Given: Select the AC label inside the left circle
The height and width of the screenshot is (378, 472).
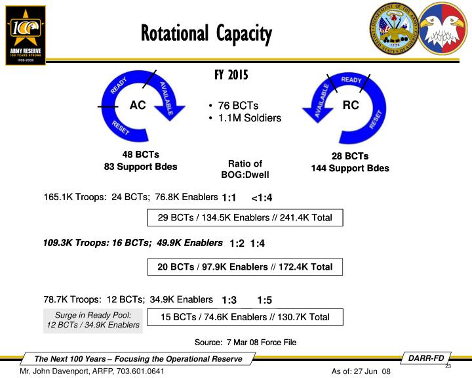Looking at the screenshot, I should tap(138, 105).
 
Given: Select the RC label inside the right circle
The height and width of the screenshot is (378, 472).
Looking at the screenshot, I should tap(351, 105).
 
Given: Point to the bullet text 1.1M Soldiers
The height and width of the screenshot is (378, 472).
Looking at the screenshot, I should tap(248, 118).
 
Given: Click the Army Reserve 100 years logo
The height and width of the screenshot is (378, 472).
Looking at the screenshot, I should tap(26, 34).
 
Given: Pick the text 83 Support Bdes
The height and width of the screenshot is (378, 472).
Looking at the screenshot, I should tap(141, 167).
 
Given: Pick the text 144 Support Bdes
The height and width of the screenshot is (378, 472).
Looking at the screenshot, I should tap(350, 169).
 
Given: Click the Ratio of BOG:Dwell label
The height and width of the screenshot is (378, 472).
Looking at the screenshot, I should tap(245, 169).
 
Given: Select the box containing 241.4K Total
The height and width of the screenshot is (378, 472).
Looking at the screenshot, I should tap(245, 217).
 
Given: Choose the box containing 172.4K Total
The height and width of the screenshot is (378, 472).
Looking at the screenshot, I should tap(245, 266).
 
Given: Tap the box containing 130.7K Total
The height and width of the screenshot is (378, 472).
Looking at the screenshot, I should tap(245, 317).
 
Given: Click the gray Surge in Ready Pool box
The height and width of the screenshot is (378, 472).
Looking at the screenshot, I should tap(92, 320).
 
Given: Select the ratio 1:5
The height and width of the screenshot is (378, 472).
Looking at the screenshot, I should tap(264, 301).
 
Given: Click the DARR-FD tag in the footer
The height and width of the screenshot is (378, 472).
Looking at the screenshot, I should tap(426, 358).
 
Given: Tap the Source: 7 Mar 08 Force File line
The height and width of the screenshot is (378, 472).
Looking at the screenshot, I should tap(245, 342).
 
